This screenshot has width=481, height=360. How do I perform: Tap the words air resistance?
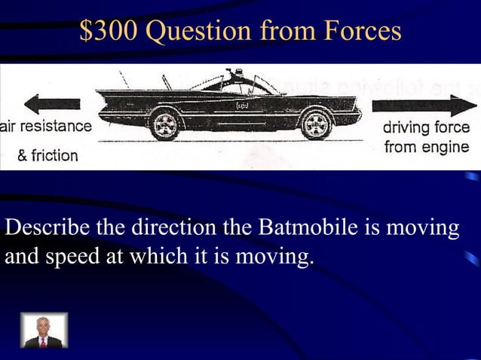coord(45,127)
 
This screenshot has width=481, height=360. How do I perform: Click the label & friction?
coord(47,156)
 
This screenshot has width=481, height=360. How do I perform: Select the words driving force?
coord(426,128)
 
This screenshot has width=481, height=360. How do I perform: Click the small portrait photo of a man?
coord(44,330)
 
